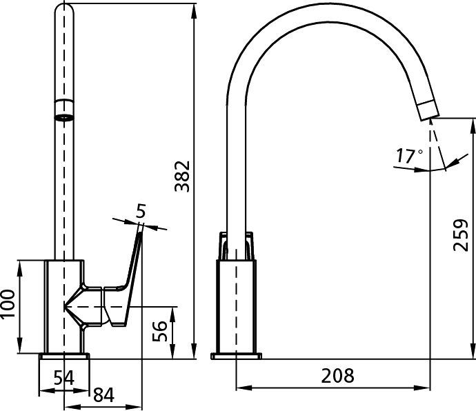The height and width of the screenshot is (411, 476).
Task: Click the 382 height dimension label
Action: (182, 177)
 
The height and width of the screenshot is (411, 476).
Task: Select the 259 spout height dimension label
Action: (461, 235)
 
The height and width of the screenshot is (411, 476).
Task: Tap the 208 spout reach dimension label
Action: (337, 375)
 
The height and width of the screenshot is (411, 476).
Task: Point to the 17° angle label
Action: (409, 156)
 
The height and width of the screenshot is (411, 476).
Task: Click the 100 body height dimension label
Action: (8, 304)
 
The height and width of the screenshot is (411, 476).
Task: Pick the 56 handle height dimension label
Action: (159, 331)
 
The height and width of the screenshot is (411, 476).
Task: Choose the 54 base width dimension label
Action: (63, 378)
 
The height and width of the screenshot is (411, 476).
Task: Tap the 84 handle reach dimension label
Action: (103, 395)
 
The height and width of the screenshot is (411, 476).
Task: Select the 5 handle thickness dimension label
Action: (141, 210)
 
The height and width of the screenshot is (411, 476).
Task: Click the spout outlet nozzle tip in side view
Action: (428, 110)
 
